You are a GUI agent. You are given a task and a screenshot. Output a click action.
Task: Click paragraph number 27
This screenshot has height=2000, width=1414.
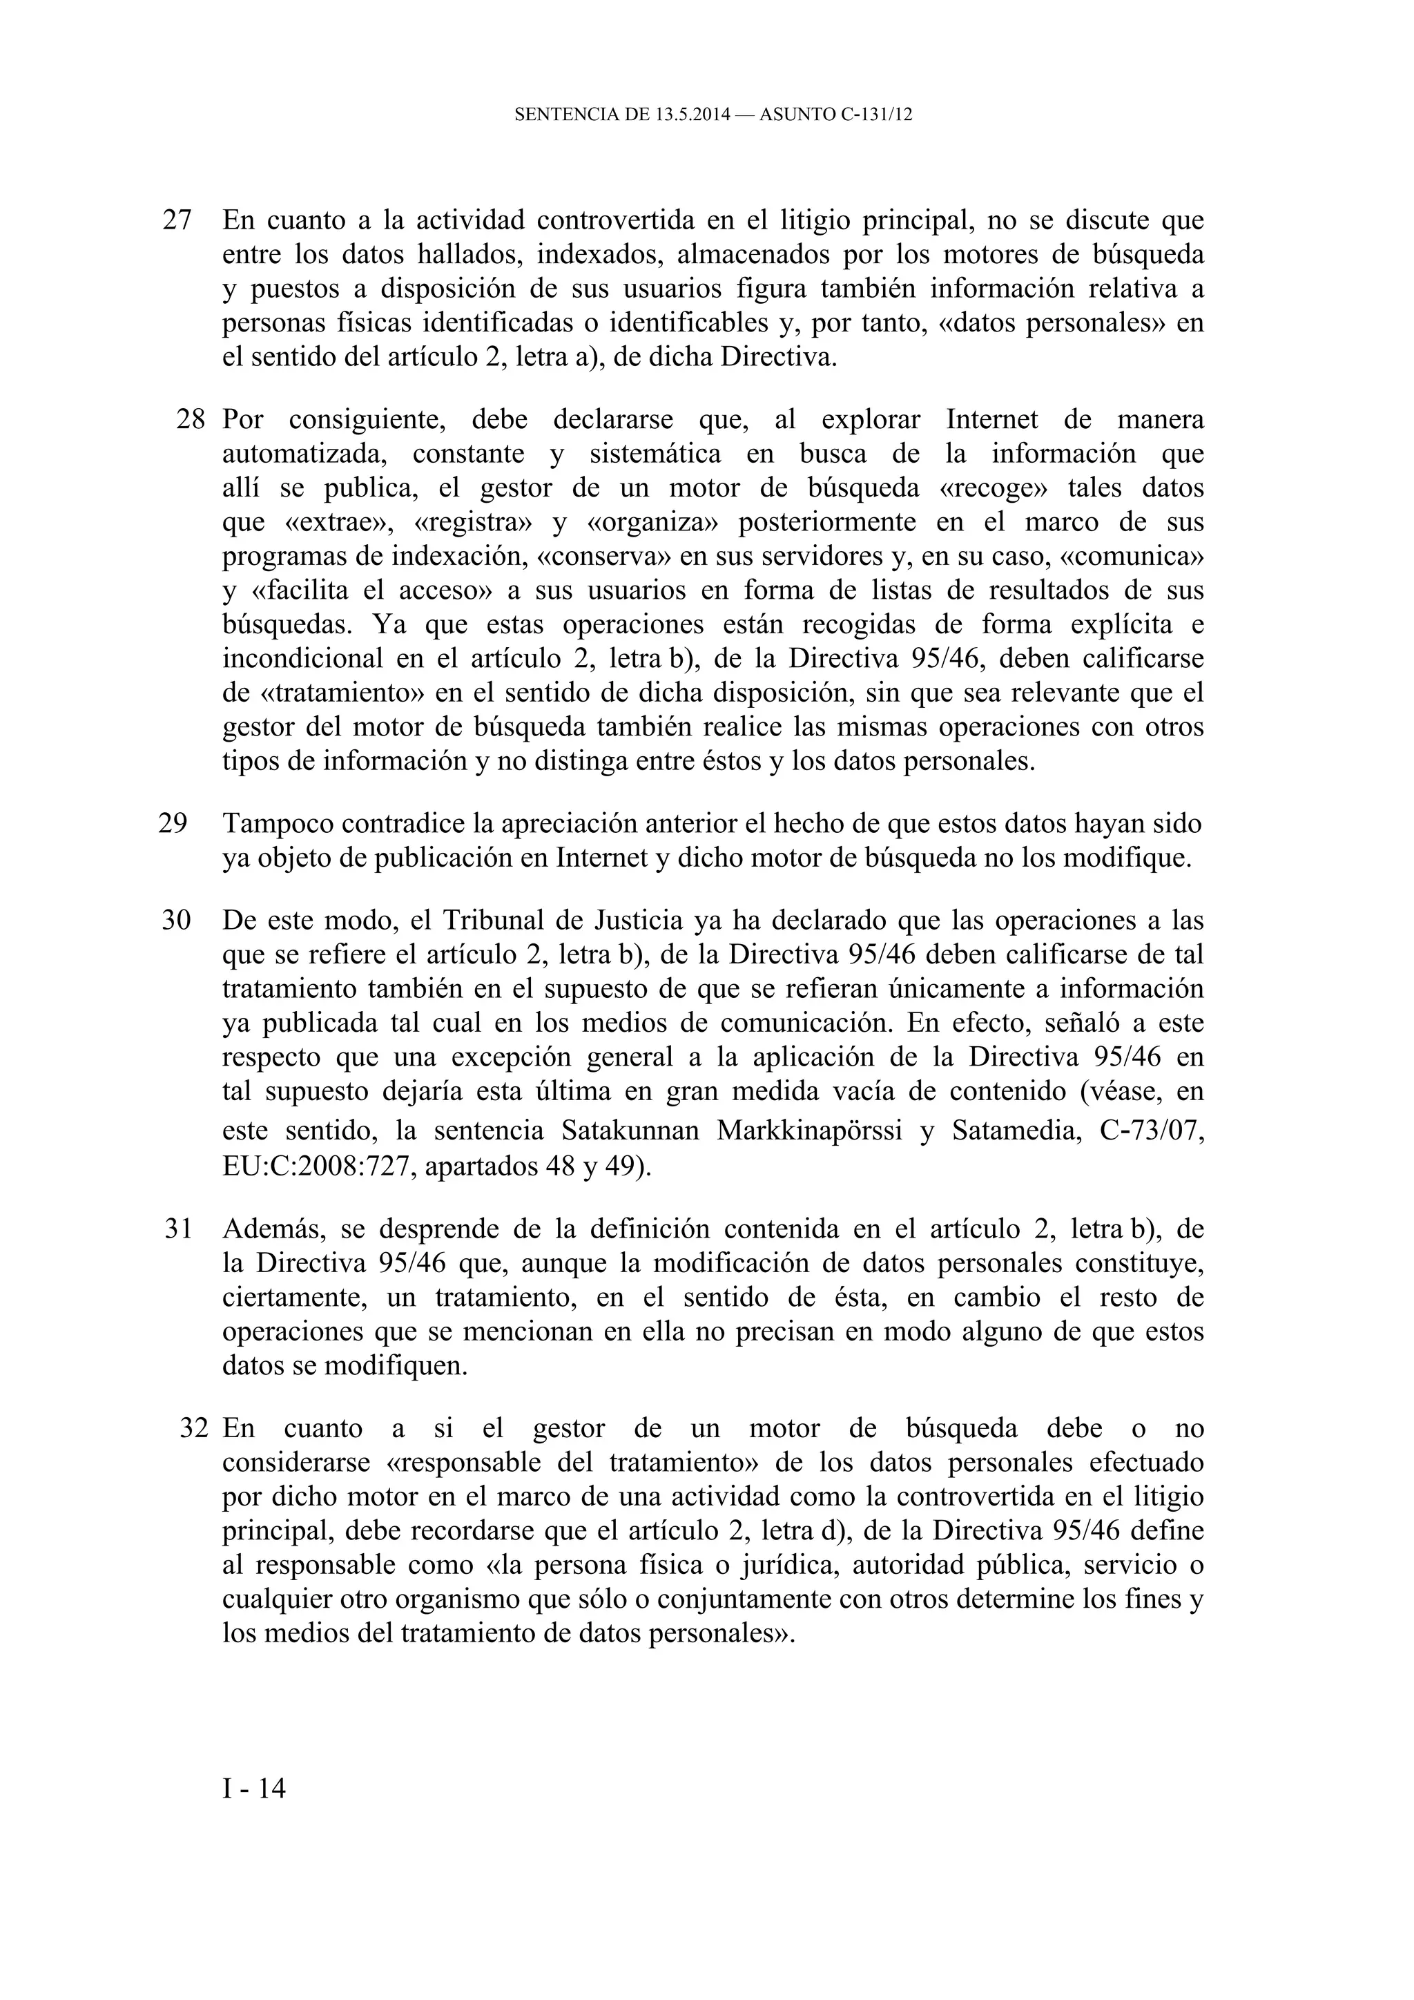point(177,220)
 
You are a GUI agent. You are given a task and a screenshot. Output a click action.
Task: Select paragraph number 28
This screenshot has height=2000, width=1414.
point(191,420)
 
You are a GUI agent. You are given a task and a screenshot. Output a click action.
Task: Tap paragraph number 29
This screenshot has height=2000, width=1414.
point(173,823)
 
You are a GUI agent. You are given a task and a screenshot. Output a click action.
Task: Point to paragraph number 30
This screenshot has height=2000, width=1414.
point(176,920)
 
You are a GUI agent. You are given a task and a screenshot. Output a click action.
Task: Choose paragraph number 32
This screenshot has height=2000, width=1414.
point(194,1429)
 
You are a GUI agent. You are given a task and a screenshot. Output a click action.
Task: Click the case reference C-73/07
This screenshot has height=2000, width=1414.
point(1152,1131)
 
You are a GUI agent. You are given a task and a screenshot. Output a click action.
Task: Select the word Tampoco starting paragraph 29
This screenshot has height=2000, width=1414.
point(277,823)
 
